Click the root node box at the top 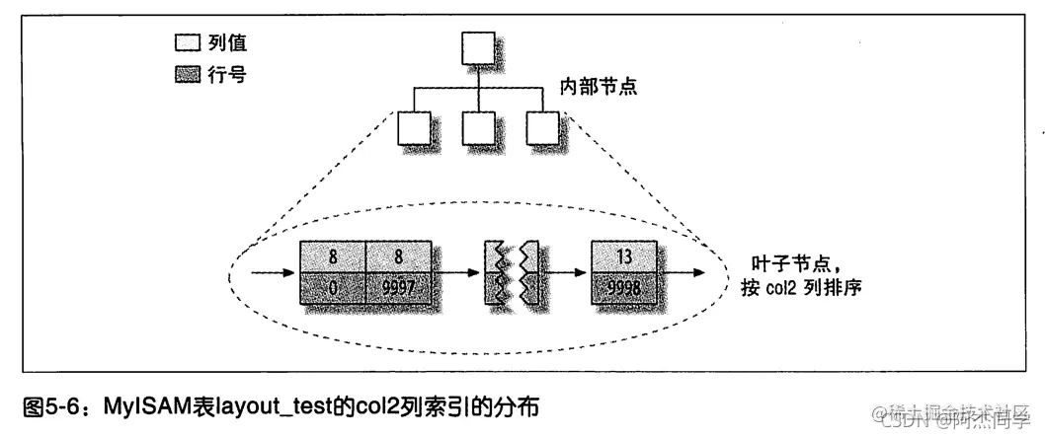[x=477, y=47]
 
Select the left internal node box [x=412, y=127]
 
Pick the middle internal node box [x=477, y=127]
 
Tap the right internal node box [x=542, y=127]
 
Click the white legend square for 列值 [x=185, y=43]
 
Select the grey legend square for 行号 [x=185, y=75]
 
